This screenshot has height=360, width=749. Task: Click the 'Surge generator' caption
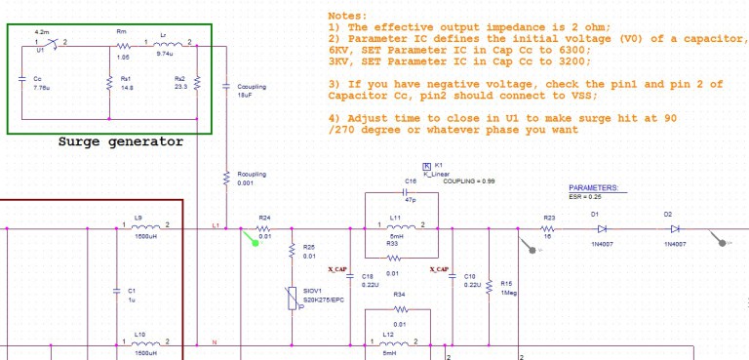point(120,142)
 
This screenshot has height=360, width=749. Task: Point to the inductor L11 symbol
point(395,229)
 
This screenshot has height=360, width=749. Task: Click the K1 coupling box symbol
point(426,167)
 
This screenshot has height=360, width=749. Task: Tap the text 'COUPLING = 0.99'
point(468,182)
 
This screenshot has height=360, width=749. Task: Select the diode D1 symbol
point(596,229)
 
